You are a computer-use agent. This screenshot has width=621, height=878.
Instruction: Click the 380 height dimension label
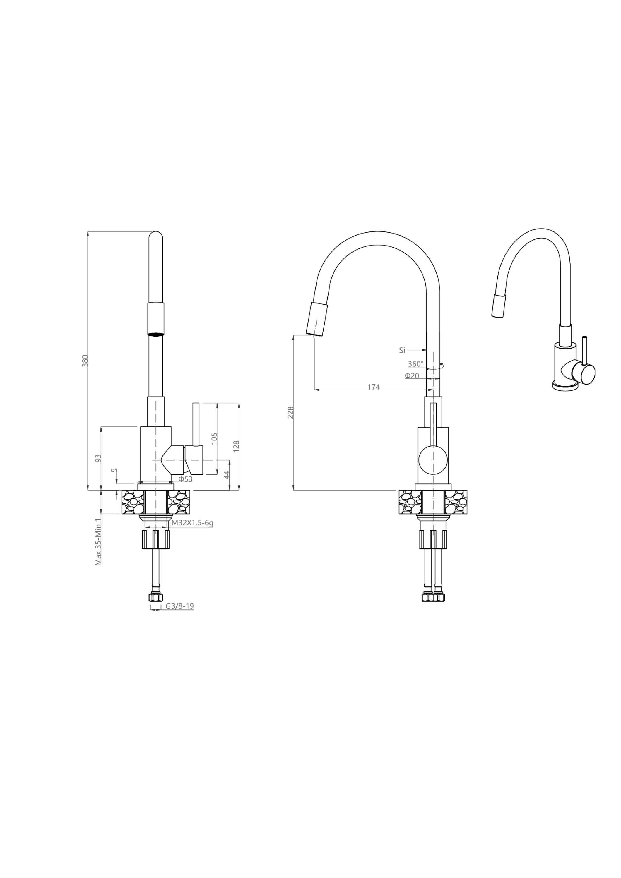click(x=85, y=361)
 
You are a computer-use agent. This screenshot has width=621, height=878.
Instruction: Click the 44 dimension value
click(x=227, y=475)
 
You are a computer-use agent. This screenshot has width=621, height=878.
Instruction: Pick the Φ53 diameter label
click(x=185, y=479)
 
